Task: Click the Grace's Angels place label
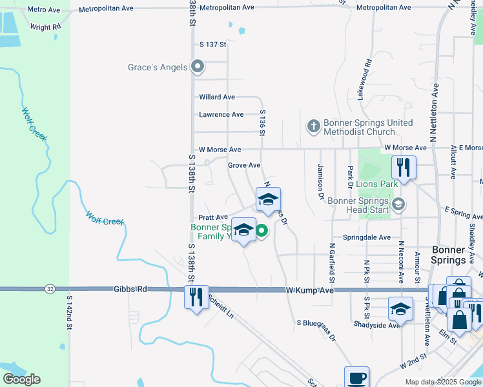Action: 158,67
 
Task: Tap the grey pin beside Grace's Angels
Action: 199,66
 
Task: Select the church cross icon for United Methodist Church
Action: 313,126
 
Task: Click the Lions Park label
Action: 376,184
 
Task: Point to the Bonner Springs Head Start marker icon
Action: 398,204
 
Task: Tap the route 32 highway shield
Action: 50,289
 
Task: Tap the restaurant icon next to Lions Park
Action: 404,168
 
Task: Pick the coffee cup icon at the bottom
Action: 356,377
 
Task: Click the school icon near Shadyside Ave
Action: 400,309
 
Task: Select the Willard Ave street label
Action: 217,97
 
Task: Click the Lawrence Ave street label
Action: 221,115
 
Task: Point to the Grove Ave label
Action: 244,166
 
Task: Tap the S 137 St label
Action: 214,45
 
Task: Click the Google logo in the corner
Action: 22,379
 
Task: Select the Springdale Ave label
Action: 367,237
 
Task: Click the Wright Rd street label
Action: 45,27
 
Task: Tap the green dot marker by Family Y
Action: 262,230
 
